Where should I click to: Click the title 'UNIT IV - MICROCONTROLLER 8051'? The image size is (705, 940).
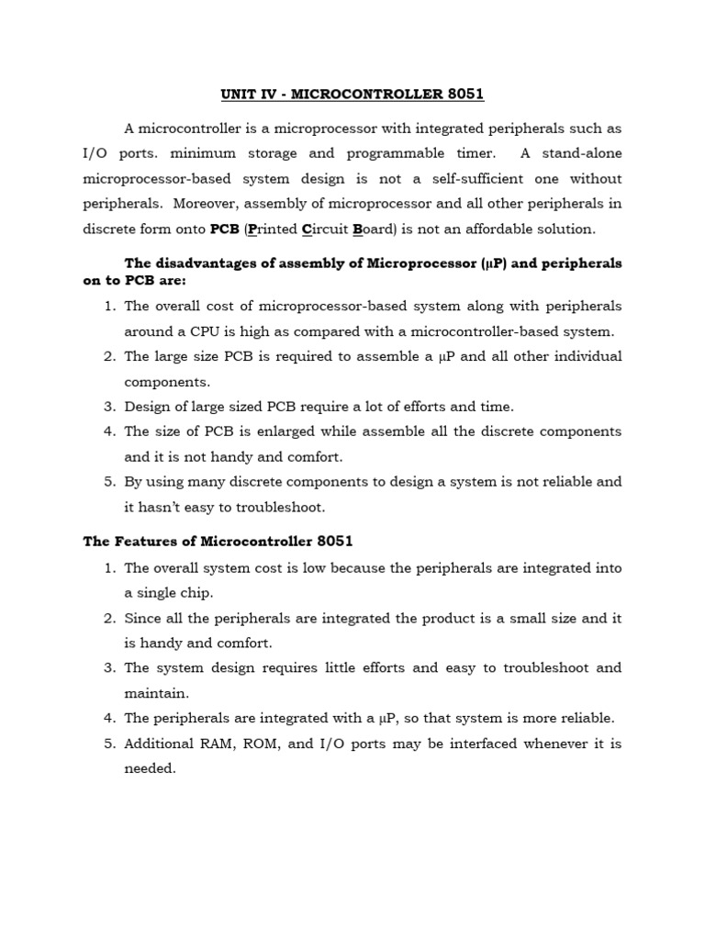pos(352,94)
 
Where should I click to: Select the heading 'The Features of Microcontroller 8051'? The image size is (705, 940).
pos(218,542)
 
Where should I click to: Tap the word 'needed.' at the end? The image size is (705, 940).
pos(150,768)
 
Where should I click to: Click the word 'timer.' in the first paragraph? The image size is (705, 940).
pos(469,153)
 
